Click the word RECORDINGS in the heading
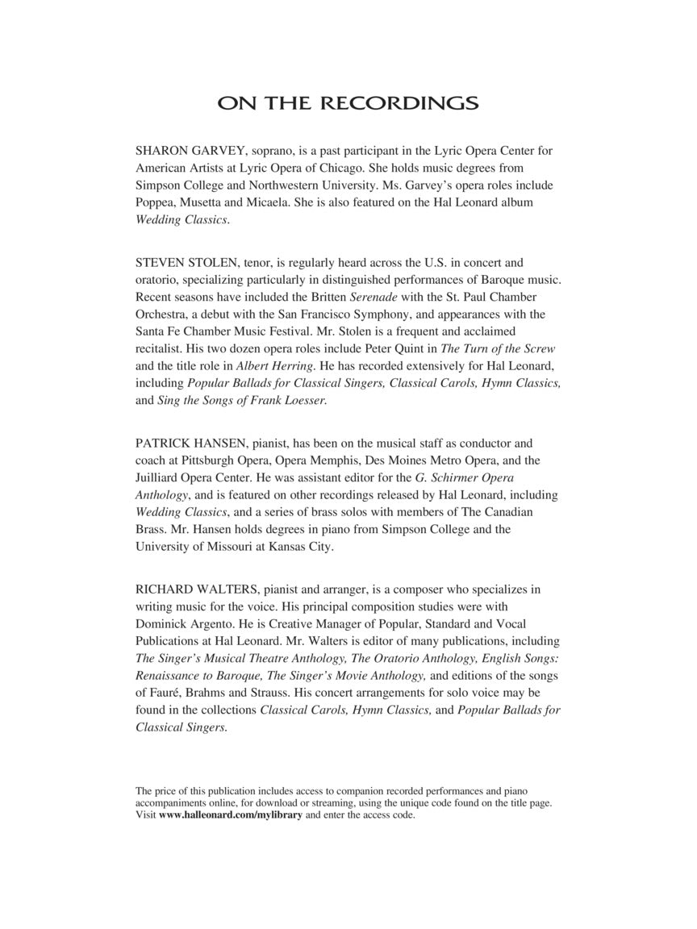point(399,104)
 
